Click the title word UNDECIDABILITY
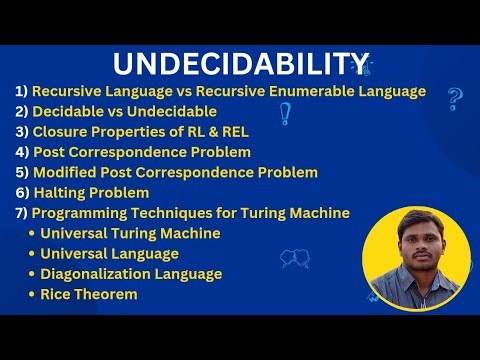[239, 63]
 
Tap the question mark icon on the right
[455, 98]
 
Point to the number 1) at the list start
[21, 91]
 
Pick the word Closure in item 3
[65, 131]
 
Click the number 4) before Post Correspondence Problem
[21, 152]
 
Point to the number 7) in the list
[21, 213]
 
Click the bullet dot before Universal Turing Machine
[32, 234]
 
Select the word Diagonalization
[99, 274]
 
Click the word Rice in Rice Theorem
[57, 294]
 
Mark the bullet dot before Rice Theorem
[32, 295]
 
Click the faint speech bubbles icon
[294, 259]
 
